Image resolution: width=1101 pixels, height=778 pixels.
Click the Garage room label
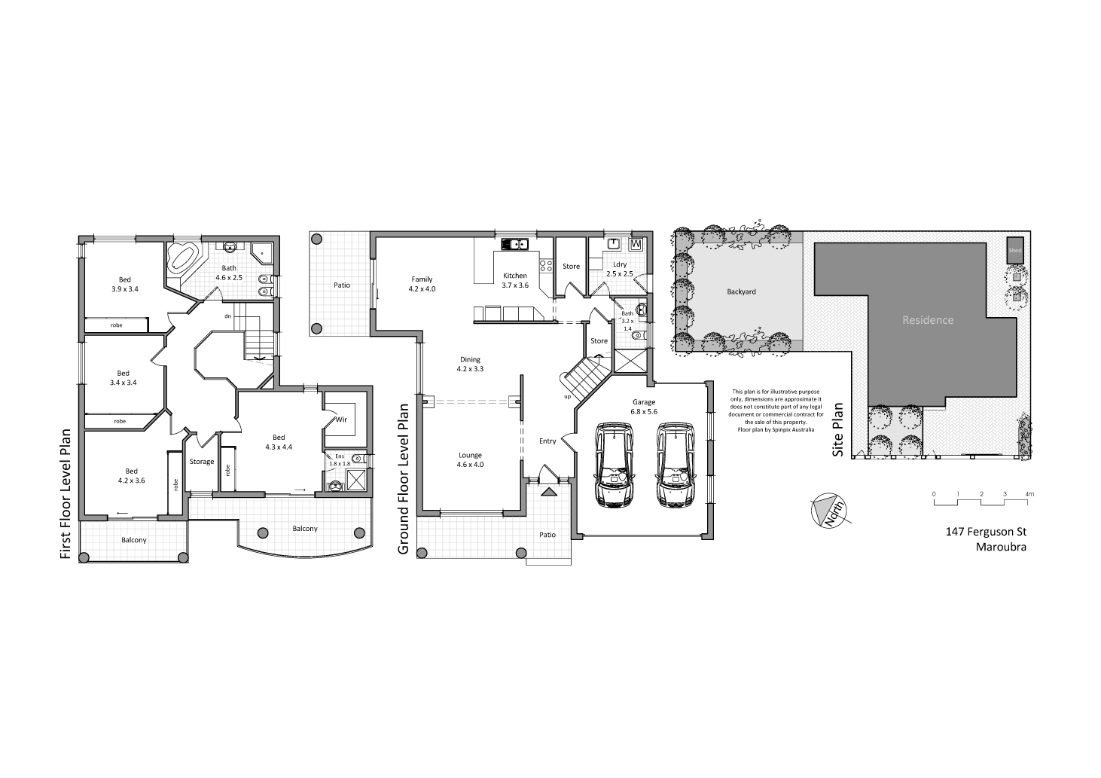coord(644,407)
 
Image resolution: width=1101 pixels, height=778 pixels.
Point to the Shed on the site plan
coord(1015,251)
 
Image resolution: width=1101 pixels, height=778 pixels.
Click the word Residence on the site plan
coord(928,320)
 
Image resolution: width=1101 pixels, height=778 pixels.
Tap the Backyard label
coord(741,291)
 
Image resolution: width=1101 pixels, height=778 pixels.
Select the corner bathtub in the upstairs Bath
coord(183,258)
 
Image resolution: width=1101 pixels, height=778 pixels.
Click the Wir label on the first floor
coord(340,420)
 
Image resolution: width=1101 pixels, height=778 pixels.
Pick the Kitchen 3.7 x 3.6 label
coord(516,280)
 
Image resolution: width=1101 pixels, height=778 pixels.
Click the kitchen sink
coord(516,243)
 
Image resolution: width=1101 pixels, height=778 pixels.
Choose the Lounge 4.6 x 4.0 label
coord(470,459)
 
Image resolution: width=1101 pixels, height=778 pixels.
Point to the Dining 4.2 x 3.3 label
coord(470,365)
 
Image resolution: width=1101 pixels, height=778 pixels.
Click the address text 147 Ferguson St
coord(986,532)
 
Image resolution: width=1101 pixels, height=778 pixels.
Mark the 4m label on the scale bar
coord(1029,494)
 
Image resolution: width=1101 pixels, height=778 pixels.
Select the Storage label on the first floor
coord(202,462)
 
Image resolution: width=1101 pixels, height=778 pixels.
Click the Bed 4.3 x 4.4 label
coord(279,442)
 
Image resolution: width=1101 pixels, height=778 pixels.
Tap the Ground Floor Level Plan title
coord(404,479)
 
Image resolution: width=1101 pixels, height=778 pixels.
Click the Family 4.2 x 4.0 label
coord(422,284)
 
